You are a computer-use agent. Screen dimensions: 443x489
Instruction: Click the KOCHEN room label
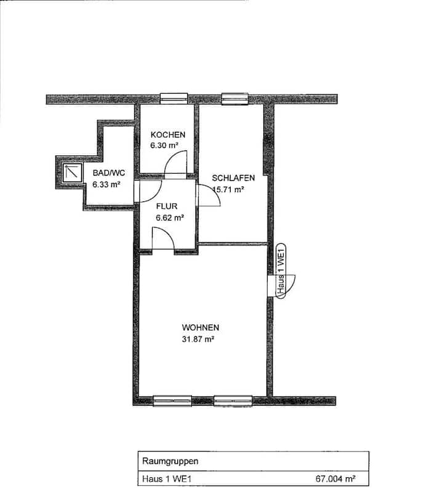point(168,135)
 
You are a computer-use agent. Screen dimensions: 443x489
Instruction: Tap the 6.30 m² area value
point(164,145)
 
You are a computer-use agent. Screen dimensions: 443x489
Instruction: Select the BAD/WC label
point(109,173)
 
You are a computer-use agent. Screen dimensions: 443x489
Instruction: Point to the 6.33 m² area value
point(106,184)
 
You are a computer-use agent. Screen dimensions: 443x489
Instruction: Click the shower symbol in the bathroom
point(72,173)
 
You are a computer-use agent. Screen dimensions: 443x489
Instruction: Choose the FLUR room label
point(167,206)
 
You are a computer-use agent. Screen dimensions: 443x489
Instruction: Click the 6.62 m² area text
point(170,217)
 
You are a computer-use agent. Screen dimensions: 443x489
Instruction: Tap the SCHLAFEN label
point(233,178)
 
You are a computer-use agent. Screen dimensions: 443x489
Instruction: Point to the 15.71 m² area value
point(228,189)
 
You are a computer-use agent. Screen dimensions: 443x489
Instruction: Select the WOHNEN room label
point(201,328)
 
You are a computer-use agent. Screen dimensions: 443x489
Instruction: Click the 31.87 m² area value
point(198,339)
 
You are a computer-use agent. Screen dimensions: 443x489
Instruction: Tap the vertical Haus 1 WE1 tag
point(281,271)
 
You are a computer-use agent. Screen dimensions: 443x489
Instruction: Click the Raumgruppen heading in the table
point(170,461)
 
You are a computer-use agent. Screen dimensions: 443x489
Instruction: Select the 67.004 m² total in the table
point(335,479)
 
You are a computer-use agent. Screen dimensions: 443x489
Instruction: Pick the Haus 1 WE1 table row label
point(167,479)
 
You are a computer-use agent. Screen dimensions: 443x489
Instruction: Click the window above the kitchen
point(174,99)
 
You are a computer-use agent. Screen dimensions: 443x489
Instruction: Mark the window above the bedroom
point(235,99)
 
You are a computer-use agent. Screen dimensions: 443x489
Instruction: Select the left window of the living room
point(172,401)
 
